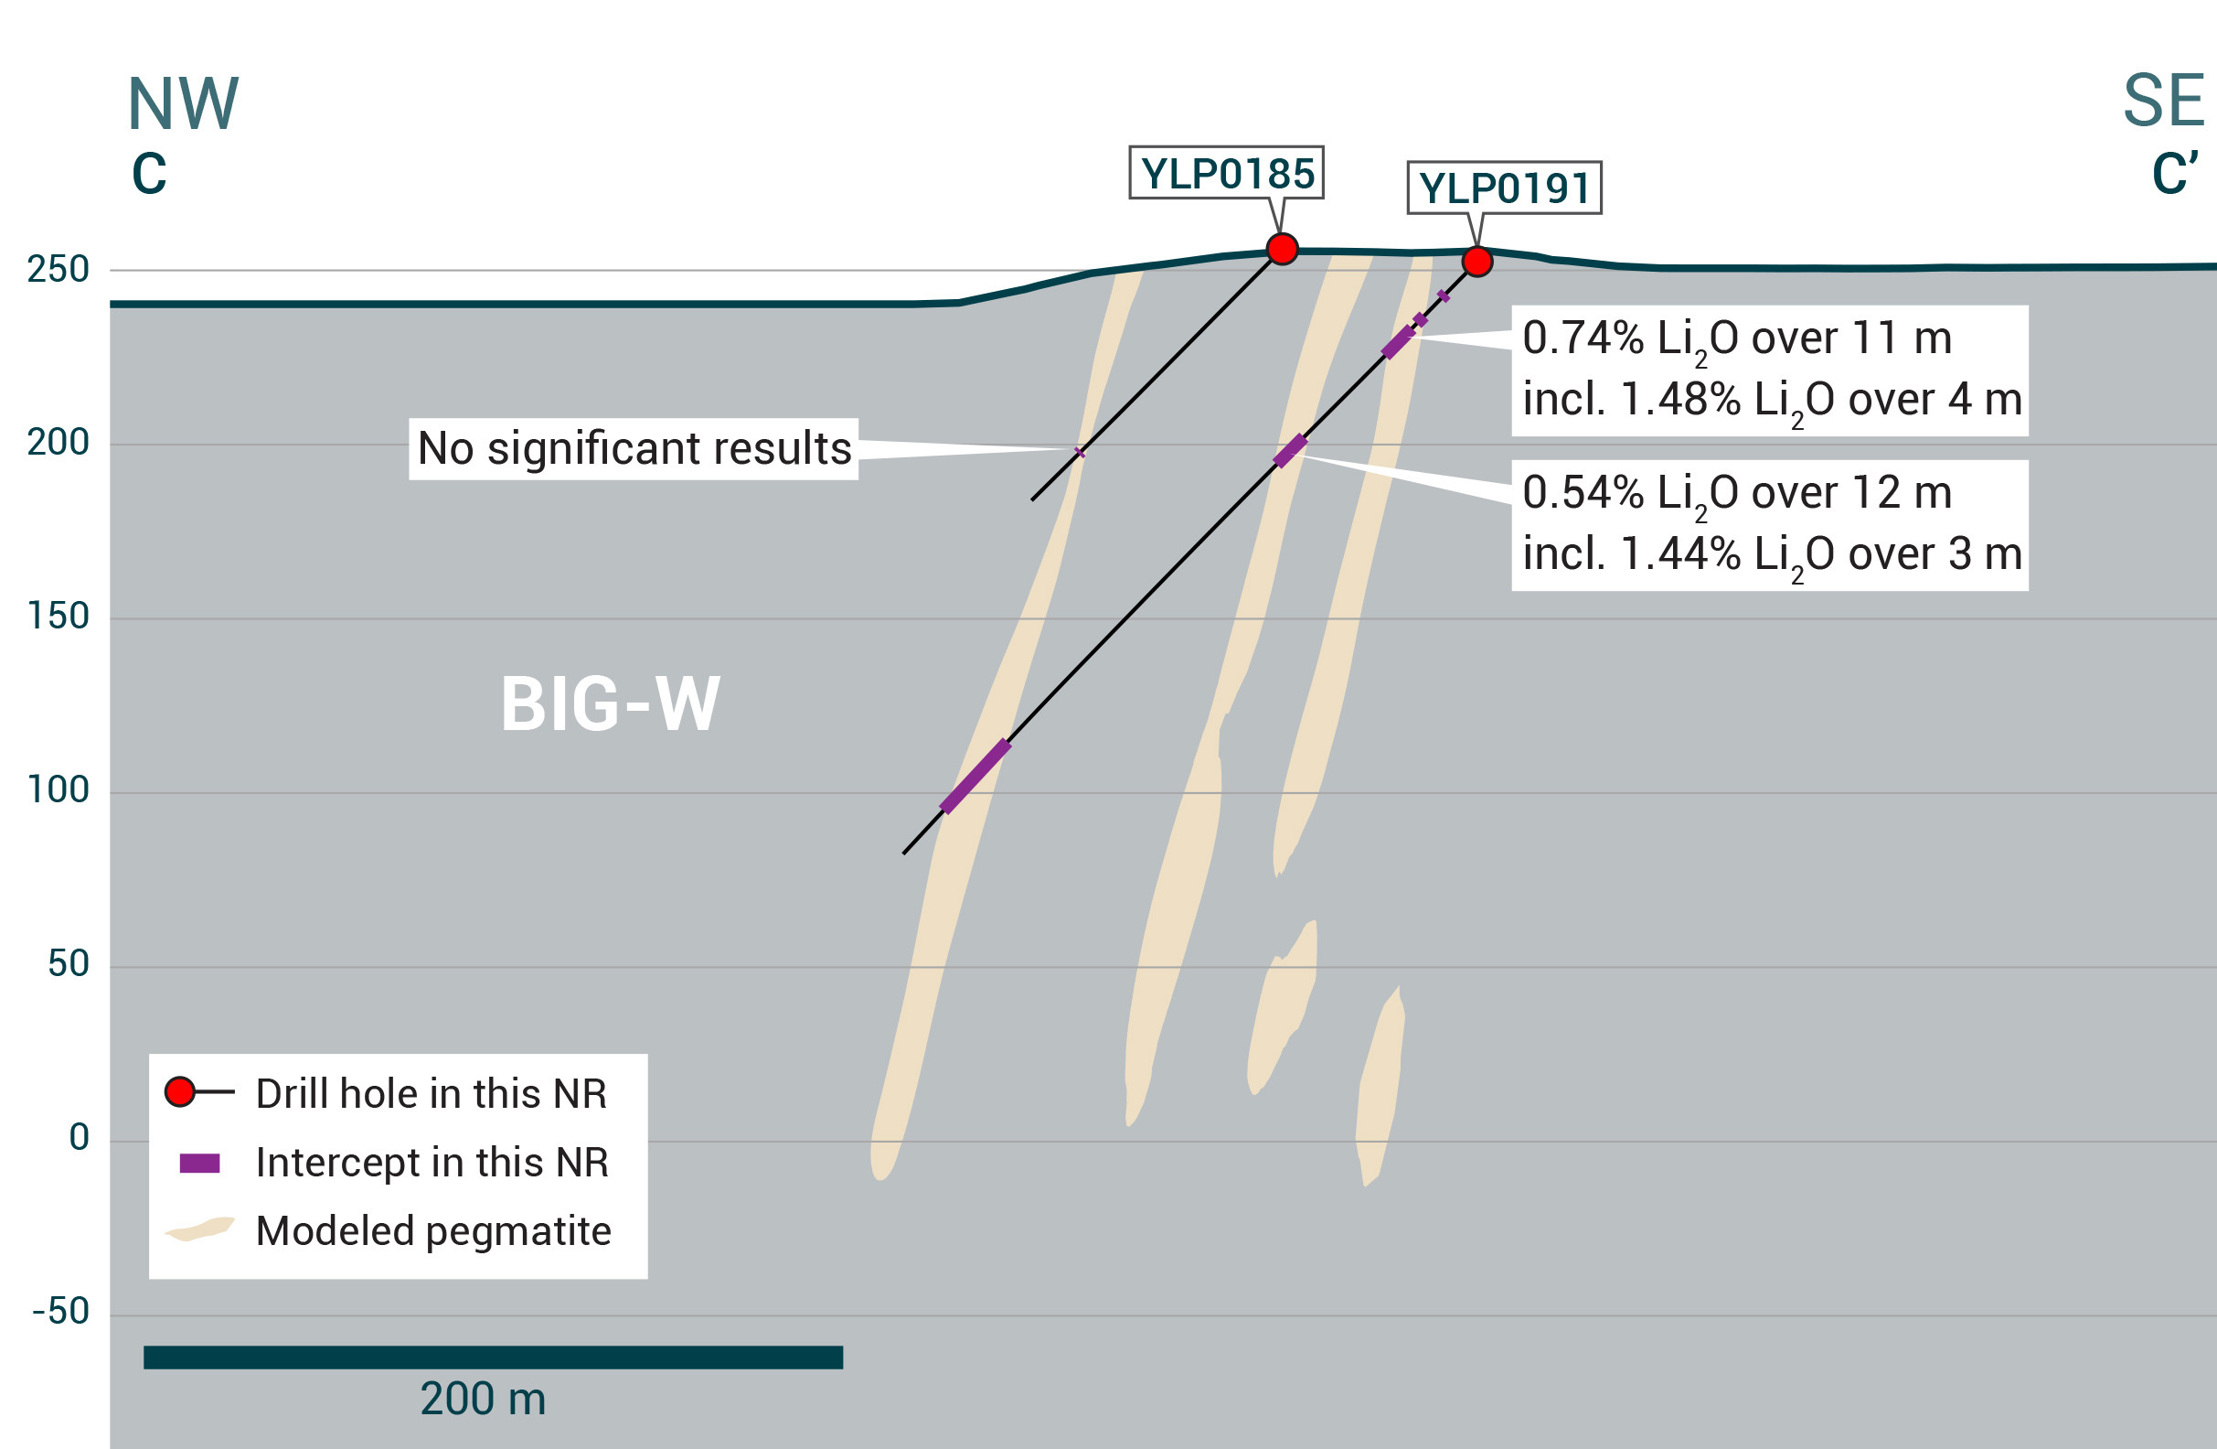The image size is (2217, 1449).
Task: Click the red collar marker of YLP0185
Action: [1283, 249]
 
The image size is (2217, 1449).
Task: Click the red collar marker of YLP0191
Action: [1477, 261]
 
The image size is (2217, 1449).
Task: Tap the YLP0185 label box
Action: [1226, 173]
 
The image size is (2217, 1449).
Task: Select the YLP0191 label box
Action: [1504, 188]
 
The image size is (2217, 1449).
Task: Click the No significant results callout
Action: [634, 449]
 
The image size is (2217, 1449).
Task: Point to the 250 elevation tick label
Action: [58, 269]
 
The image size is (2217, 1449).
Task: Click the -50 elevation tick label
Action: [60, 1311]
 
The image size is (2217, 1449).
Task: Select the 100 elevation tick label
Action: [58, 790]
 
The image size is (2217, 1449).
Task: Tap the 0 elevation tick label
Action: [80, 1138]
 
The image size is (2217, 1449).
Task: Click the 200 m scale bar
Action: [493, 1357]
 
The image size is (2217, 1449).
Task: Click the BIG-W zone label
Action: [610, 703]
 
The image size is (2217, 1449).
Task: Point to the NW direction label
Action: [184, 104]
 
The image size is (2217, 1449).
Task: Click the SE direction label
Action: [2163, 101]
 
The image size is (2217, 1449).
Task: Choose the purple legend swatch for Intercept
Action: [199, 1163]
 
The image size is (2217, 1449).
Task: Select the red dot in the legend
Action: [180, 1091]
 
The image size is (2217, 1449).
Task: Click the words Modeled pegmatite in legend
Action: [433, 1231]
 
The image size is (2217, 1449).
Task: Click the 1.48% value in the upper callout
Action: [1679, 400]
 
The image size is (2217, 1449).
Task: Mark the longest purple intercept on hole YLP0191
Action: [975, 776]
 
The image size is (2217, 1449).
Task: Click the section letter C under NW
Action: [149, 174]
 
